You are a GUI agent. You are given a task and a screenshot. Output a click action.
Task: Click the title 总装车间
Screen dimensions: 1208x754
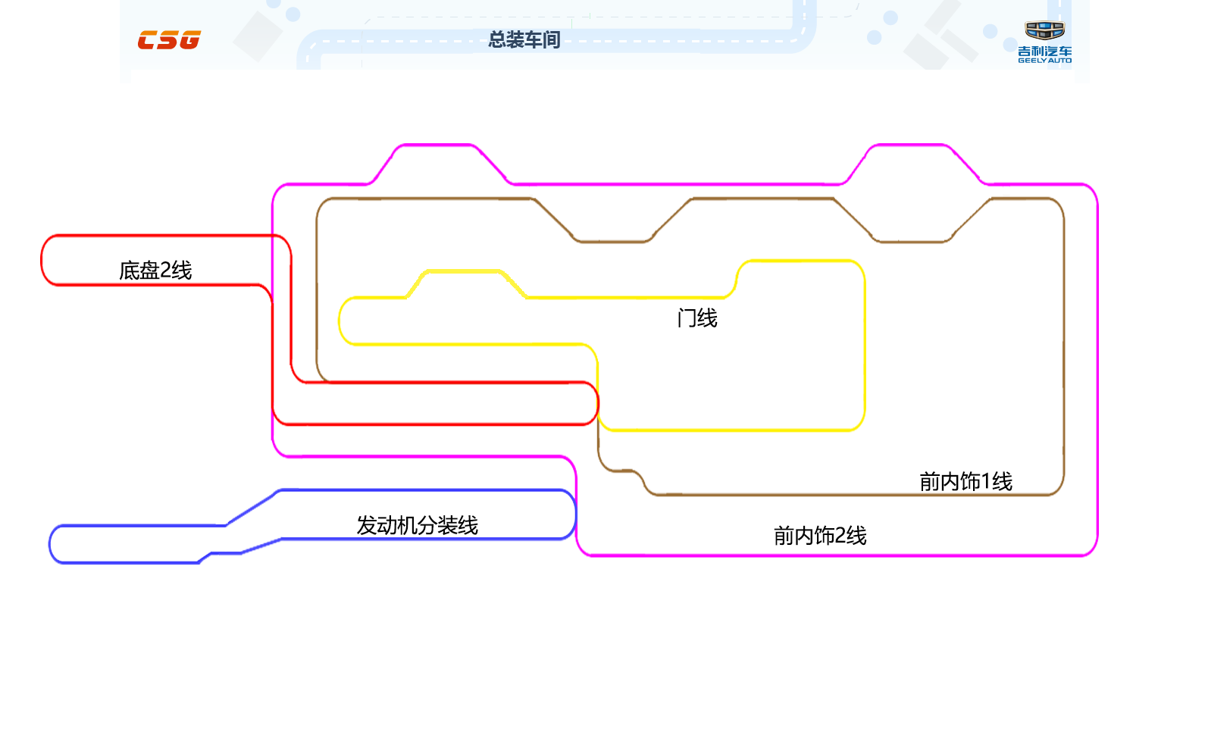pyautogui.click(x=524, y=39)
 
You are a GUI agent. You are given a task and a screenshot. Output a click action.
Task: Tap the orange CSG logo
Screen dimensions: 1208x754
pyautogui.click(x=169, y=40)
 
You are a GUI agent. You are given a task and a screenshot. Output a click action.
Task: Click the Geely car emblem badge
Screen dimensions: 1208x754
pyautogui.click(x=1044, y=30)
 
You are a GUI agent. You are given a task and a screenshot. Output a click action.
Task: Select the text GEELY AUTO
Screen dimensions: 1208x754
pyautogui.click(x=1044, y=61)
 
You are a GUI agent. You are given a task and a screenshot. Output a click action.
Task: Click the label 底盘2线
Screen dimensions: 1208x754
pyautogui.click(x=155, y=271)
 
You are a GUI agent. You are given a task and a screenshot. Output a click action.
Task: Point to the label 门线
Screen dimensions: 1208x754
pyautogui.click(x=697, y=318)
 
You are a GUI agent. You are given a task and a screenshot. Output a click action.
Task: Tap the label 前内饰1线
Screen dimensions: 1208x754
pyautogui.click(x=965, y=481)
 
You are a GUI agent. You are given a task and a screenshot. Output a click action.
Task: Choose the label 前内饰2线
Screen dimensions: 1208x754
pyautogui.click(x=820, y=536)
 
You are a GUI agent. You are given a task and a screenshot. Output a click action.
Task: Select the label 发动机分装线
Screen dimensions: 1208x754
pyautogui.click(x=418, y=525)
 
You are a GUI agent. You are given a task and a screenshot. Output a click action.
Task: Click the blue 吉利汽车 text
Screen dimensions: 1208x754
pyautogui.click(x=1044, y=52)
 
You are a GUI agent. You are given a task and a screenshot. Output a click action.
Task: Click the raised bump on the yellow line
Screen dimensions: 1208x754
pyautogui.click(x=463, y=271)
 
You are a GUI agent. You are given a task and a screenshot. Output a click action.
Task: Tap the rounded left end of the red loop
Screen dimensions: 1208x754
pyautogui.click(x=42, y=260)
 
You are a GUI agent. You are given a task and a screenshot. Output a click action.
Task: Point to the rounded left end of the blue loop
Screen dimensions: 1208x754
pyautogui.click(x=50, y=544)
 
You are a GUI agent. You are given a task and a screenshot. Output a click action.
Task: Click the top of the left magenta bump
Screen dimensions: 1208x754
pyautogui.click(x=436, y=145)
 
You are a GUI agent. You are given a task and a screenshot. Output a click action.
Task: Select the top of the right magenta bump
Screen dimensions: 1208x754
pyautogui.click(x=910, y=145)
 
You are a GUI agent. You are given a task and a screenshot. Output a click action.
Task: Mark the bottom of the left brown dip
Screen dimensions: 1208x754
pyautogui.click(x=612, y=241)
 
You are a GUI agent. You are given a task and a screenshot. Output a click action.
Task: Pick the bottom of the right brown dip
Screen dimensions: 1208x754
pyautogui.click(x=912, y=241)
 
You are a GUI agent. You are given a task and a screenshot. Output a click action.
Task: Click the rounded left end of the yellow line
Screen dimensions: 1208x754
pyautogui.click(x=340, y=321)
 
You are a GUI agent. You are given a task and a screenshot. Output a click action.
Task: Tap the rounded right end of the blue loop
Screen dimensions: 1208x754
pyautogui.click(x=575, y=515)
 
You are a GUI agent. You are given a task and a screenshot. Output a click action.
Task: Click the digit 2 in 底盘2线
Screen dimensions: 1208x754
pyautogui.click(x=165, y=271)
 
